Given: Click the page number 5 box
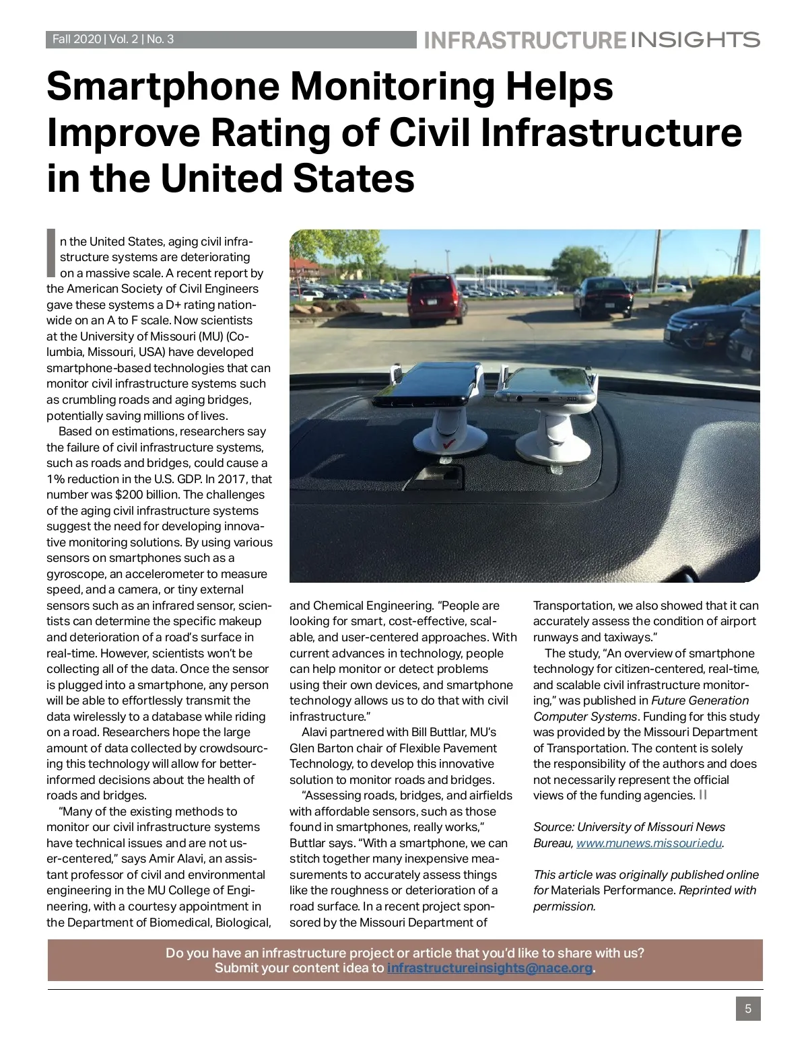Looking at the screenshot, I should (748, 1009).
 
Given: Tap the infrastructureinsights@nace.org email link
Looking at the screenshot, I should (490, 968).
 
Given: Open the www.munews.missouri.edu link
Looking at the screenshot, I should (649, 843).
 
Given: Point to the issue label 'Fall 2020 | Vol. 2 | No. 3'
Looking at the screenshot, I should (113, 40).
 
